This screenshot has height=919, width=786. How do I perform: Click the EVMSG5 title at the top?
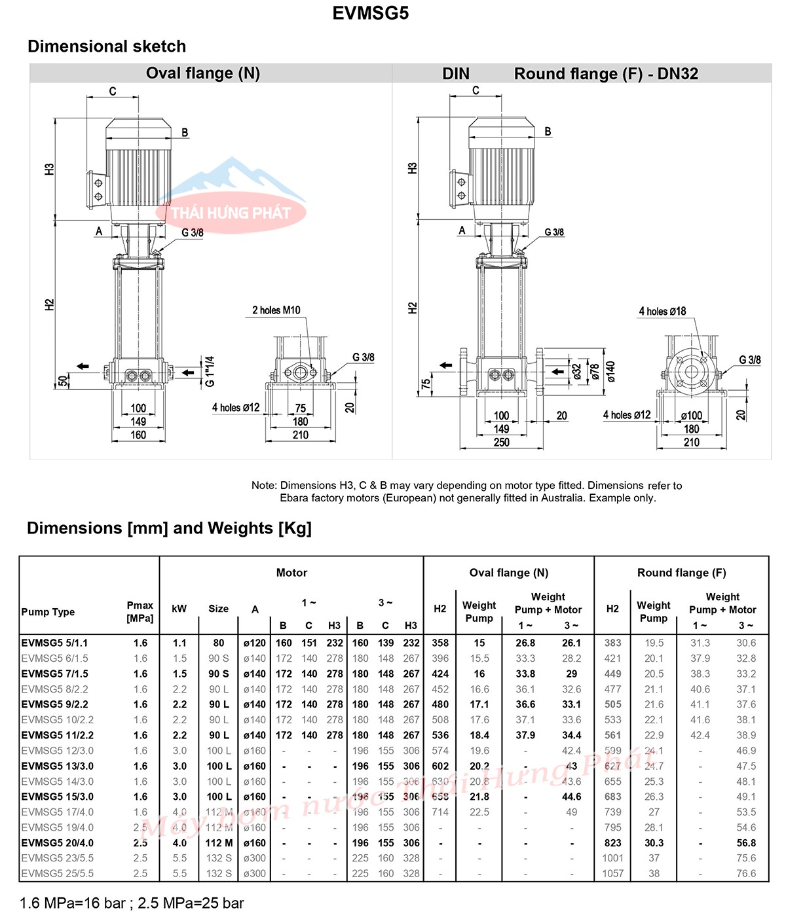pyautogui.click(x=370, y=13)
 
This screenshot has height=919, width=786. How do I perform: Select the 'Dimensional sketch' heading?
pyautogui.click(x=107, y=46)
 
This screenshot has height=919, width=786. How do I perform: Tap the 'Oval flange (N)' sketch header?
pyautogui.click(x=203, y=73)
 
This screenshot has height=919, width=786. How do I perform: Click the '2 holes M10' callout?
pyautogui.click(x=276, y=310)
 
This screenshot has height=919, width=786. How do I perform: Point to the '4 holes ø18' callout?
pyautogui.click(x=662, y=311)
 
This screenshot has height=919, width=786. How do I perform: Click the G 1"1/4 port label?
pyautogui.click(x=210, y=371)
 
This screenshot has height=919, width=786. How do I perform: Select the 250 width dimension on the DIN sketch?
pyautogui.click(x=501, y=442)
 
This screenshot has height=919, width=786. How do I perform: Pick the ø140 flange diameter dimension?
pyautogui.click(x=610, y=371)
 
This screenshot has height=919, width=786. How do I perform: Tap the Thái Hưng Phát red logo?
pyautogui.click(x=231, y=213)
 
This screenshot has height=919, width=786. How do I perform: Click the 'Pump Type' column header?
pyautogui.click(x=48, y=612)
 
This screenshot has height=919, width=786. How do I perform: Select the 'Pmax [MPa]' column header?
pyautogui.click(x=140, y=611)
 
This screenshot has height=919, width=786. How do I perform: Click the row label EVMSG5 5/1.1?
pyautogui.click(x=54, y=643)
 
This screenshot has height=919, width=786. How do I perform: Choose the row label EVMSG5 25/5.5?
pyautogui.click(x=58, y=873)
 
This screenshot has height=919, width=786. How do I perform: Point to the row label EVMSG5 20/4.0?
pyautogui.click(x=58, y=843)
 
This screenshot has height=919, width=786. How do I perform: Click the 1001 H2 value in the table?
pyautogui.click(x=613, y=858)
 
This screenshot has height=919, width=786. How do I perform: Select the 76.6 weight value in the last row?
pyautogui.click(x=746, y=873)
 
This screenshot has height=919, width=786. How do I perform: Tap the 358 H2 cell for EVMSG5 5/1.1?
pyautogui.click(x=440, y=643)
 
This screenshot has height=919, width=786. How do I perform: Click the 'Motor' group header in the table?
pyautogui.click(x=291, y=573)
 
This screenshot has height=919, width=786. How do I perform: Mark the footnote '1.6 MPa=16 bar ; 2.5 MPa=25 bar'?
pyautogui.click(x=132, y=903)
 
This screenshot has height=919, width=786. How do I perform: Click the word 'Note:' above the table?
pyautogui.click(x=264, y=486)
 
